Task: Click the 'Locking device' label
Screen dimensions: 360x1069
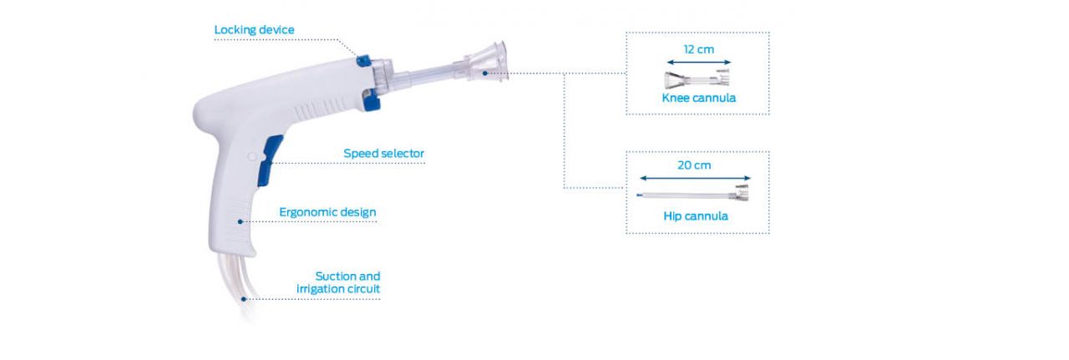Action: (x=254, y=30)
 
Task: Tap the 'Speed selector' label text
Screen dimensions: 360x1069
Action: (x=383, y=154)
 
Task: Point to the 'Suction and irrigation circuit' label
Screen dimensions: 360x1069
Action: (x=338, y=283)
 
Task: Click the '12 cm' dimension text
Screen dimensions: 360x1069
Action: (x=698, y=49)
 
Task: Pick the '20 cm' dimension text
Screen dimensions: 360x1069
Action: (x=694, y=165)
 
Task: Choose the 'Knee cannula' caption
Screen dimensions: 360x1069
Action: (x=698, y=98)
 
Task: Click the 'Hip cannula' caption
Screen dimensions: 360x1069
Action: (x=695, y=216)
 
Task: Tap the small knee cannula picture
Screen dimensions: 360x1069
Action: (x=697, y=80)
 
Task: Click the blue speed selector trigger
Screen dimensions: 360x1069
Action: (x=266, y=162)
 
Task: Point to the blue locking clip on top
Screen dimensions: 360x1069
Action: (x=363, y=60)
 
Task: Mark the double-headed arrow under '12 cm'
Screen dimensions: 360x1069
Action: (x=698, y=62)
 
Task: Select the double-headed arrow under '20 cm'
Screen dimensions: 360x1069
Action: (x=695, y=178)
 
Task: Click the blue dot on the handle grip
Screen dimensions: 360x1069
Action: (x=240, y=221)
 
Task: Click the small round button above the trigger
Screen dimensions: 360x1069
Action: (x=251, y=155)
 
